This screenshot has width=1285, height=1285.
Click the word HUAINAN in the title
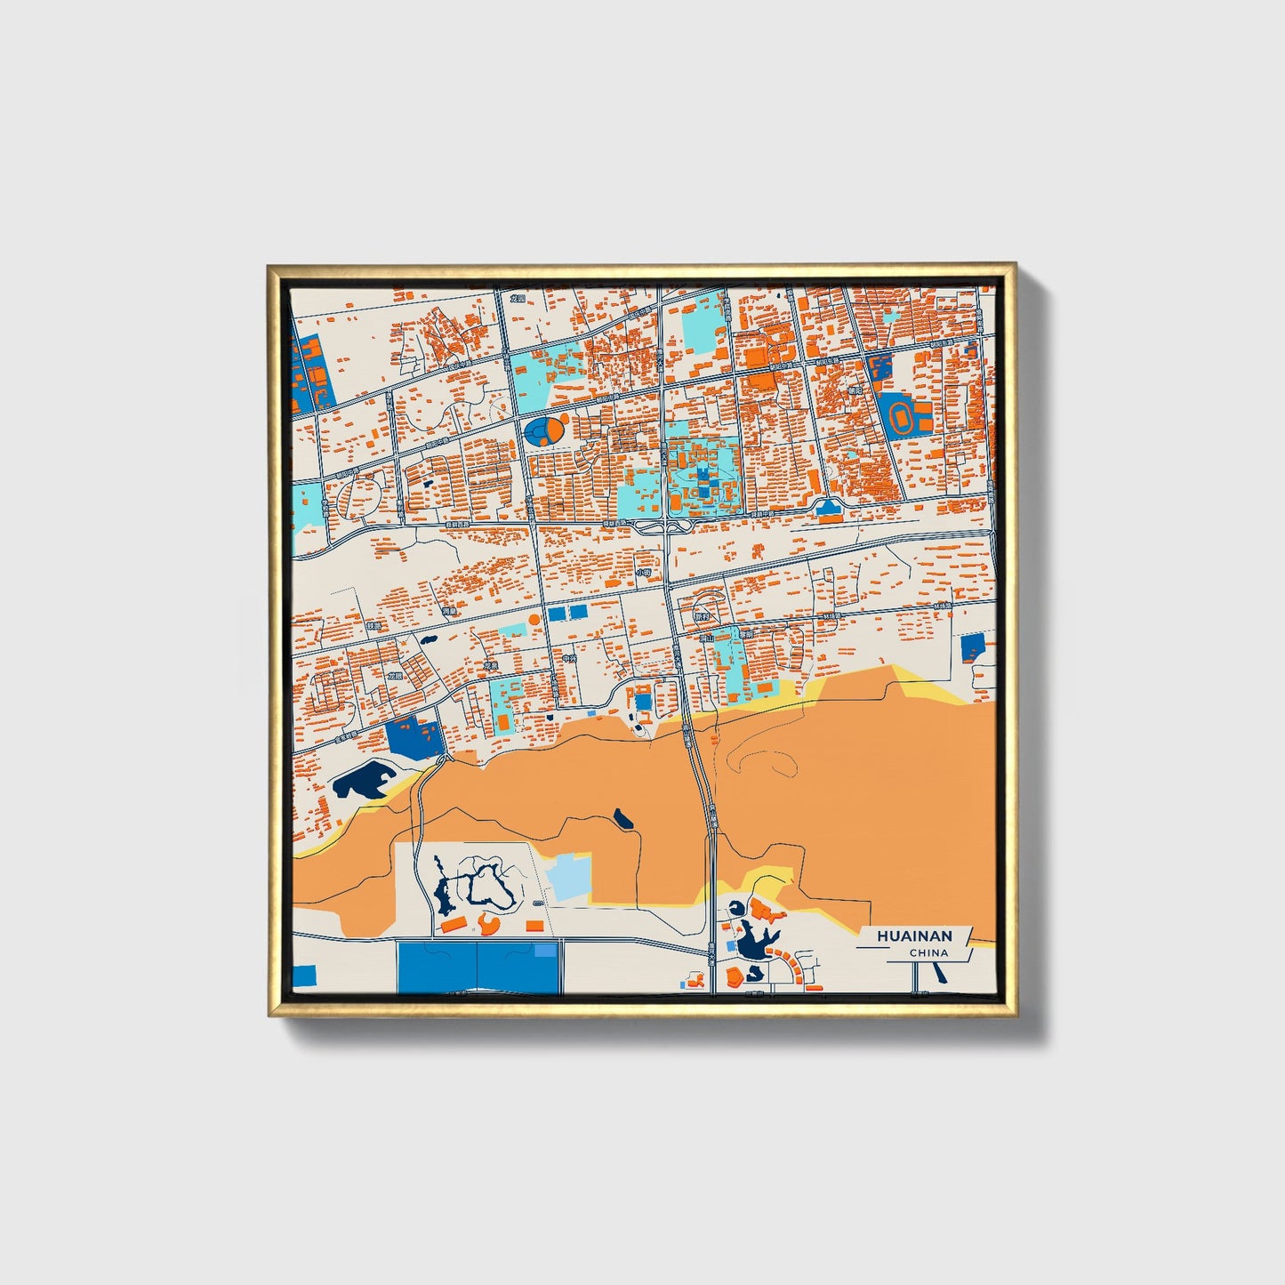click(914, 936)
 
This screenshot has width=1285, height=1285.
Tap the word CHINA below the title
click(928, 952)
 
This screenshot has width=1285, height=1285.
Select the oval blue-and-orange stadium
click(545, 431)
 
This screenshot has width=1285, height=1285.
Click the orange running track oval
click(900, 415)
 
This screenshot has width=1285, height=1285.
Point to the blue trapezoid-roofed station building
click(829, 508)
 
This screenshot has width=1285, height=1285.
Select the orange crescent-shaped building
click(487, 925)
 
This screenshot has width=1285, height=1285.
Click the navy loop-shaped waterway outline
click(484, 883)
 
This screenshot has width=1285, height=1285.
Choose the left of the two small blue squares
click(556, 613)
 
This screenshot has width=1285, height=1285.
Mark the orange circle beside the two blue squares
click(534, 619)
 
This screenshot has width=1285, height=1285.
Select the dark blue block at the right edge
click(973, 647)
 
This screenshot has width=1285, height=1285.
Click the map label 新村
click(701, 615)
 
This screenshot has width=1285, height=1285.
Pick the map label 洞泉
click(451, 612)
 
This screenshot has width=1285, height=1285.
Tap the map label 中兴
click(569, 659)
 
